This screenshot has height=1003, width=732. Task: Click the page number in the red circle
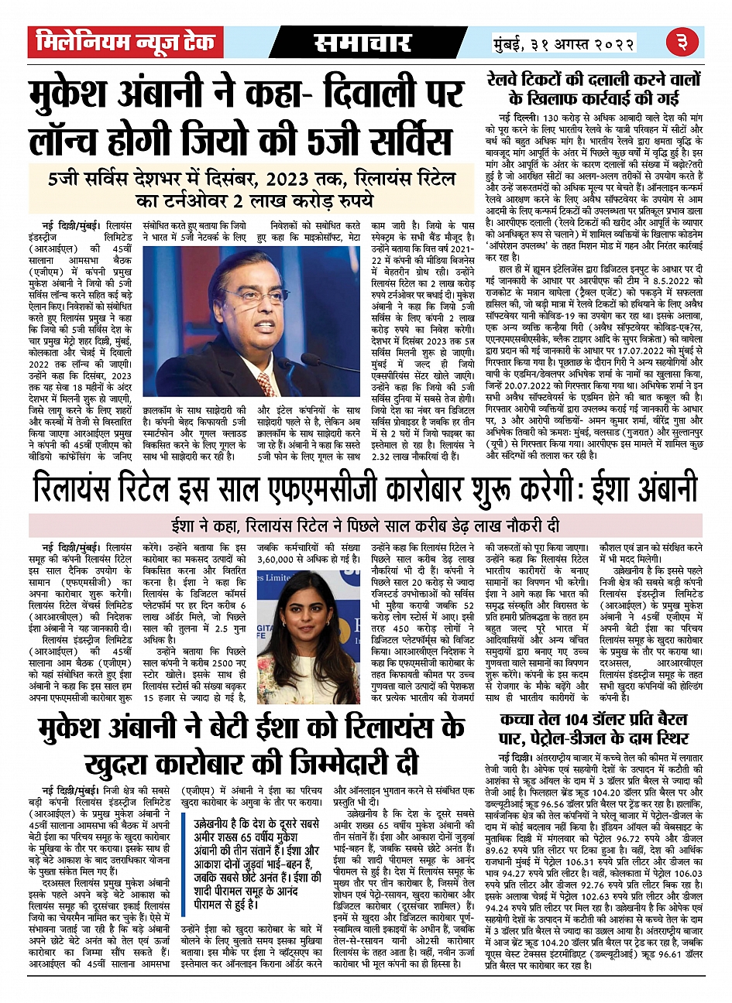(682, 42)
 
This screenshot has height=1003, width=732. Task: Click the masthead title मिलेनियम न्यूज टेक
(121, 42)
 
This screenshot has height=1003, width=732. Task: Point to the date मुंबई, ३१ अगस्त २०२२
(563, 43)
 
